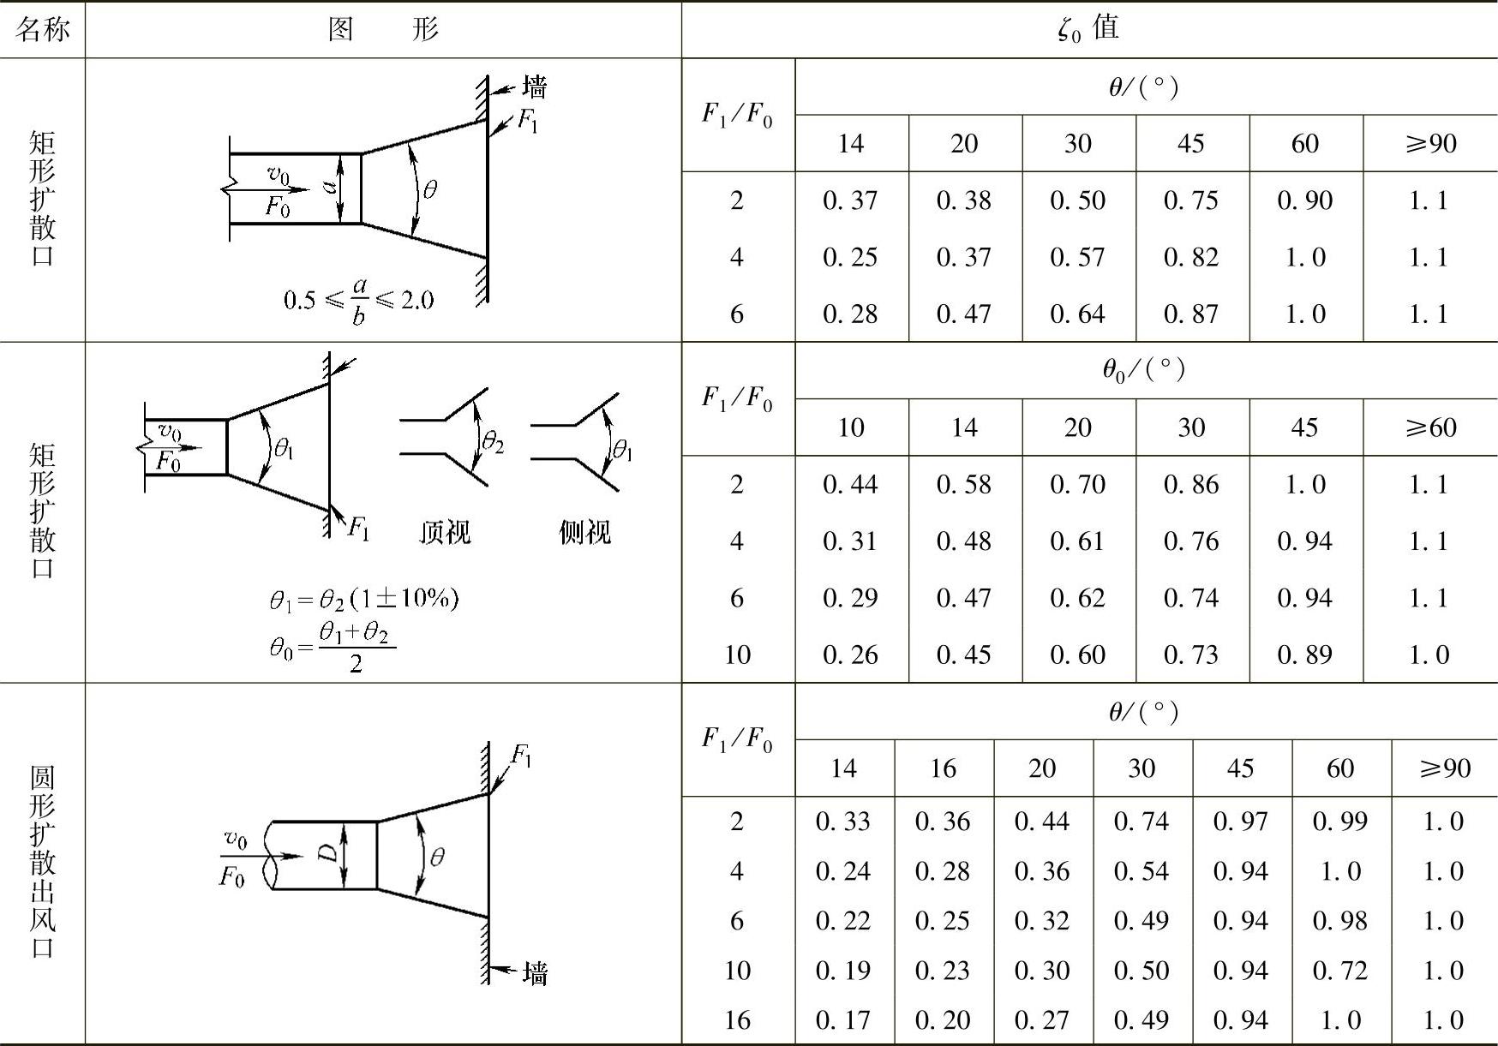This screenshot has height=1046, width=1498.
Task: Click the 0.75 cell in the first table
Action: pos(1190,200)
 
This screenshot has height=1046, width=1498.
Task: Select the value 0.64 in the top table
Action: pos(1077,314)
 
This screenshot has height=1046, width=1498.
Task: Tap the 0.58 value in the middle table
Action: pos(963,485)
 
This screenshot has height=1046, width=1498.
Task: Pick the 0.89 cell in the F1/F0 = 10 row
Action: pos(1304,654)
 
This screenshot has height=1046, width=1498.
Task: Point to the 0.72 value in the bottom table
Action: pos(1339,971)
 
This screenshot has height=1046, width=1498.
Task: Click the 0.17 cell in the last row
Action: pos(842,1020)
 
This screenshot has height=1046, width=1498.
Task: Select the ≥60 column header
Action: pos(1430,427)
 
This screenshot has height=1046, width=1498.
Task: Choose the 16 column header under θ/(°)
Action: pos(943,768)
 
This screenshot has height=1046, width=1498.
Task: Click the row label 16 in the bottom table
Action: pos(737,1020)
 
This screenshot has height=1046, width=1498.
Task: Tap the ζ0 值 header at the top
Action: pos(1088,29)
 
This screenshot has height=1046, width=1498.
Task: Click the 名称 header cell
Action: pos(42,30)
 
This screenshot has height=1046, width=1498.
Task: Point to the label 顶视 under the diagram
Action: pos(444,533)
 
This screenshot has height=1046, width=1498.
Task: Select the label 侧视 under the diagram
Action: pos(584,533)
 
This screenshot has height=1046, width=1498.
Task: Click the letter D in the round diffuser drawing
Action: pos(327,854)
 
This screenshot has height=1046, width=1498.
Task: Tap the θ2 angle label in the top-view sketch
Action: pos(493,442)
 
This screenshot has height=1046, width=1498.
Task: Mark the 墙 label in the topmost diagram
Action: pos(534,87)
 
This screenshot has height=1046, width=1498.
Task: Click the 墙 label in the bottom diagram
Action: pos(535,973)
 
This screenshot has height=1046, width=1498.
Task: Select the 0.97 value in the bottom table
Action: pos(1240,822)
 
